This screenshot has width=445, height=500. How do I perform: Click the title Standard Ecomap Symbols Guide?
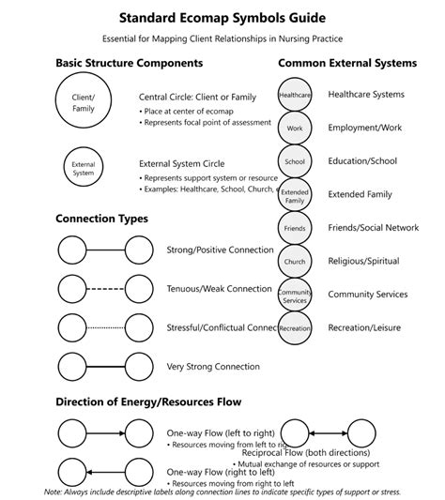[x=222, y=18]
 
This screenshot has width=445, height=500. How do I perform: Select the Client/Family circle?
[x=84, y=102]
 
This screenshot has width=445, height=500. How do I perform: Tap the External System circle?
[x=84, y=168]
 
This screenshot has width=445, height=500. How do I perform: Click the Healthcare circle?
[x=295, y=95]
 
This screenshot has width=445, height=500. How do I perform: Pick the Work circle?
[x=295, y=128]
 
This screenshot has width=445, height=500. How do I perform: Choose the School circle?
[x=295, y=161]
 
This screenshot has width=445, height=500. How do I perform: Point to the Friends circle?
[x=295, y=228]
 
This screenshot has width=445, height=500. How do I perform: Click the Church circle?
[x=295, y=262]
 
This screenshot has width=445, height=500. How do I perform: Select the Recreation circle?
[x=295, y=328]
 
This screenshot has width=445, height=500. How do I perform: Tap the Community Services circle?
[x=295, y=295]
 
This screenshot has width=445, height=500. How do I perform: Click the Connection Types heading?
[x=101, y=219]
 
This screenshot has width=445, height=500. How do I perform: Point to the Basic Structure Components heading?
[x=129, y=63]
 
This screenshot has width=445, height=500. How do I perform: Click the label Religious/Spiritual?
[x=363, y=261]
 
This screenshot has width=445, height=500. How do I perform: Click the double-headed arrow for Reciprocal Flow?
[x=331, y=433]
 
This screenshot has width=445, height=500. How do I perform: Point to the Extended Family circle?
[x=295, y=195]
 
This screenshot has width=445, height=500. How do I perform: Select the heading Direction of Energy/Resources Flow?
[x=148, y=402]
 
